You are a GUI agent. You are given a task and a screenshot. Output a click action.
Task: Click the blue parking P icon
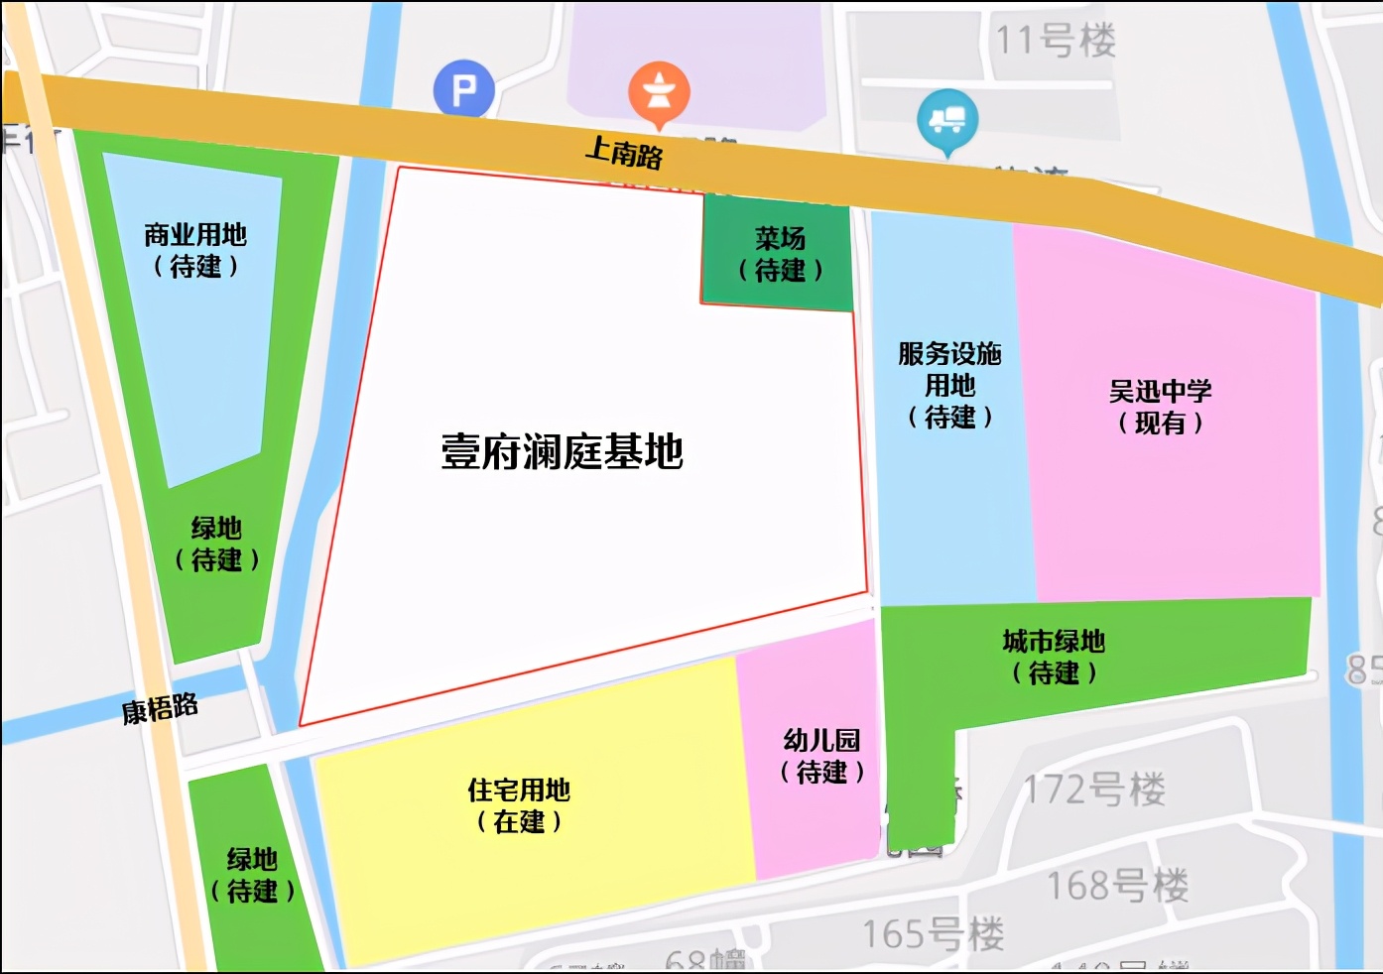pos(463,90)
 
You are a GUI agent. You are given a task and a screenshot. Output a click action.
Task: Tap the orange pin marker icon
pos(659,92)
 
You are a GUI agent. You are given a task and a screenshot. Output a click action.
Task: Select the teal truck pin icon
pos(947,119)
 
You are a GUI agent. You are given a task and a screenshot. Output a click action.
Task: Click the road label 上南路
pos(624,152)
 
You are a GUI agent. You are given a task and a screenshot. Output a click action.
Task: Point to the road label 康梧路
pos(160,709)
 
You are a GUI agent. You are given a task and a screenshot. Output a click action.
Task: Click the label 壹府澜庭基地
pos(562,451)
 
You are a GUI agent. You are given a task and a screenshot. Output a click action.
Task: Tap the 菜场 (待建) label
pos(780,254)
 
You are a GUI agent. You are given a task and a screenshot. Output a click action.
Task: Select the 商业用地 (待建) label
pos(195,250)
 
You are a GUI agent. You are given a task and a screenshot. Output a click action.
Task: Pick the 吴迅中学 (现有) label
pos(1160,407)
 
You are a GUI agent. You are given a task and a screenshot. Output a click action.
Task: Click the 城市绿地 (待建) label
pos(1054,657)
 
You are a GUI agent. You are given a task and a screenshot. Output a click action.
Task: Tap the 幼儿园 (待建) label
pos(821,756)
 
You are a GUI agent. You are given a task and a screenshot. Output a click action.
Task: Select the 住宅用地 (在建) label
pos(519,805)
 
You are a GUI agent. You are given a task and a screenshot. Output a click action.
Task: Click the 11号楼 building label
pos(1056,41)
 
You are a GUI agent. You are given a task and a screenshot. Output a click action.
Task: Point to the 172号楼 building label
pos(1094,790)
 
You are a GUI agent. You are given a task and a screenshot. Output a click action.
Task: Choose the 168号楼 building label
pos(1117,884)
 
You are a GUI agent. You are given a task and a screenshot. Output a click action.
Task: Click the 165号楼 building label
pos(933,933)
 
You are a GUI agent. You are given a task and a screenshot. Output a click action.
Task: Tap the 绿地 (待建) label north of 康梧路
pos(216,544)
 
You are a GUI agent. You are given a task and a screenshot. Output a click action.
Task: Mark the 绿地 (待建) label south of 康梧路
pos(252,875)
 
